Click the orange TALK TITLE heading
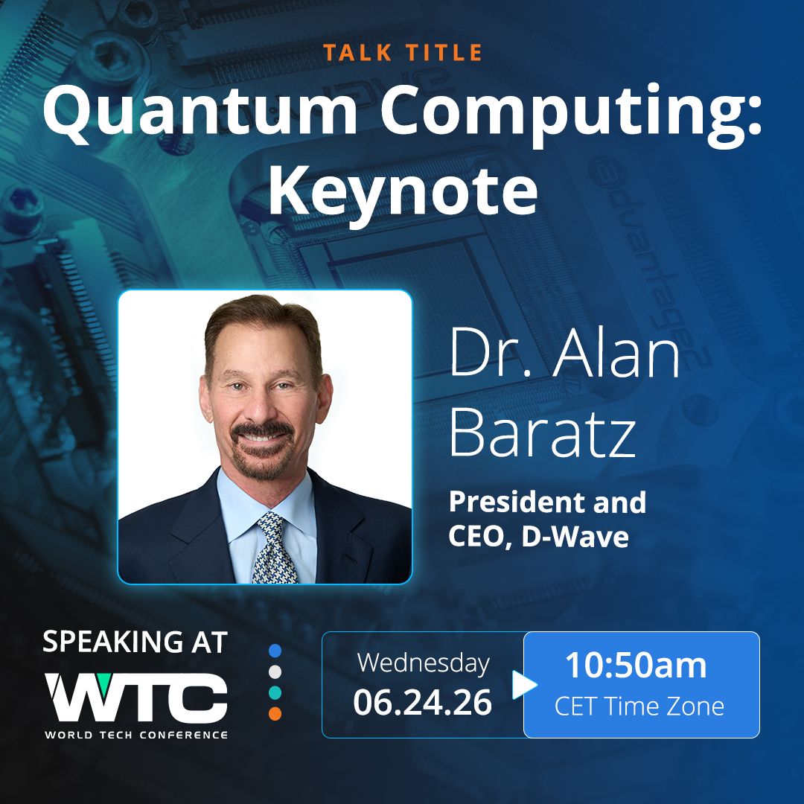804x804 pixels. click(x=403, y=52)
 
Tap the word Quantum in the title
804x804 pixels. click(x=200, y=110)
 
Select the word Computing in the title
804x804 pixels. click(x=570, y=114)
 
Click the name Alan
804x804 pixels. click(x=616, y=353)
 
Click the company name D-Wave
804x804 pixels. click(x=575, y=537)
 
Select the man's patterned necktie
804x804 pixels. click(x=273, y=549)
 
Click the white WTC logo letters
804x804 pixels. click(x=136, y=698)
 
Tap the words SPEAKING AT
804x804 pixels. click(x=135, y=642)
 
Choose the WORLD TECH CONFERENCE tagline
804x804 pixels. click(x=136, y=735)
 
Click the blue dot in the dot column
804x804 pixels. click(x=275, y=651)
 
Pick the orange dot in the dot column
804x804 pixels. click(x=275, y=713)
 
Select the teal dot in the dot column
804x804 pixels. click(x=275, y=692)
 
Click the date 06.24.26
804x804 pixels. click(x=423, y=703)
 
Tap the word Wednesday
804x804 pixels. click(x=424, y=663)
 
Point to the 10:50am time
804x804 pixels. click(x=636, y=665)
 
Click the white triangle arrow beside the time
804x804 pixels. click(x=523, y=685)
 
